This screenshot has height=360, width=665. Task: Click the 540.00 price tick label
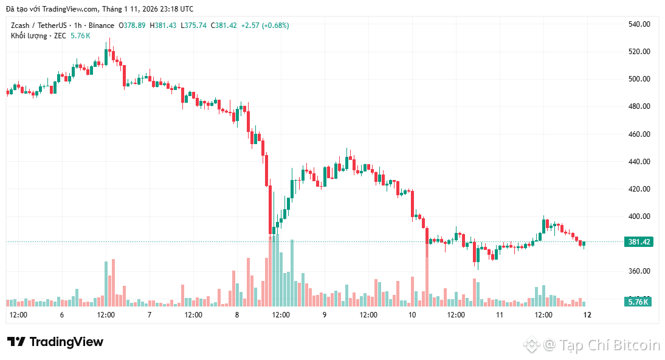click(639, 24)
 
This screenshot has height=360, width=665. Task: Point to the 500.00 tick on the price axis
click(639, 79)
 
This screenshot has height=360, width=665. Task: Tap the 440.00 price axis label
click(639, 162)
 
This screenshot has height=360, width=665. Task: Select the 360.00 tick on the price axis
click(639, 271)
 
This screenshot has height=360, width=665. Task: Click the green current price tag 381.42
click(639, 242)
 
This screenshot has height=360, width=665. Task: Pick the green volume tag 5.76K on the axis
click(639, 302)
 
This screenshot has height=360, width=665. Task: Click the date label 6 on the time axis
click(62, 315)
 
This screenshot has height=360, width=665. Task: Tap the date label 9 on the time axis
click(325, 315)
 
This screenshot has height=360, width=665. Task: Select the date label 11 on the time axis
click(500, 315)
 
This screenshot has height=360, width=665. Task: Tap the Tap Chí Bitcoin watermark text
click(601, 345)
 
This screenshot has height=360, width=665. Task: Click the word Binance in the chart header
click(100, 26)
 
